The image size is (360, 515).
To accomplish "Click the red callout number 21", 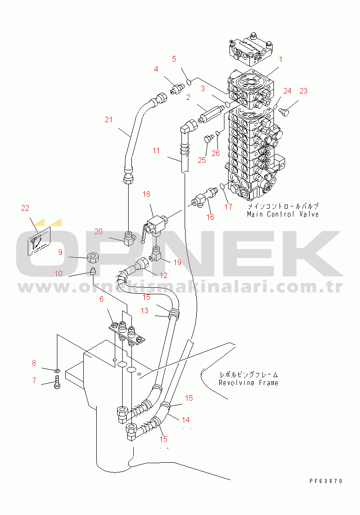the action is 108,119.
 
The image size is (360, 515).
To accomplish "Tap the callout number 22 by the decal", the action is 25,208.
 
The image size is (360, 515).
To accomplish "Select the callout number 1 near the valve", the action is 280,59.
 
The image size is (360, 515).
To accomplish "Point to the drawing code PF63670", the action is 326,481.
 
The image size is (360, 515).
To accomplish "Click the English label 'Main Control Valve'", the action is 283,215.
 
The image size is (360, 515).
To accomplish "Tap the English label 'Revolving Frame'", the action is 248,383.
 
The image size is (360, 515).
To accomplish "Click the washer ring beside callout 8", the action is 57,371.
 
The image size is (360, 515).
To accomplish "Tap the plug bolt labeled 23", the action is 284,112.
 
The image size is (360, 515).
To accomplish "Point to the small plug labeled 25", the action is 209,138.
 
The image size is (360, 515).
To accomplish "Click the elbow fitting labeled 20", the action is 129,238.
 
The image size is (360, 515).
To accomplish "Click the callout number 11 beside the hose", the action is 156,150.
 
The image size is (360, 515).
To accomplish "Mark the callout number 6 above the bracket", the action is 101,299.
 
